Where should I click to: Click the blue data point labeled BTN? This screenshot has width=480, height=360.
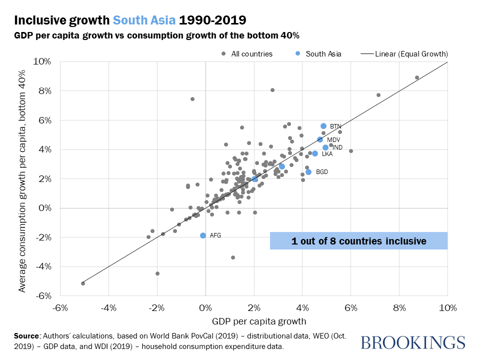tap(323, 126)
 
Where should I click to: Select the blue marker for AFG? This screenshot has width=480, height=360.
tap(203, 235)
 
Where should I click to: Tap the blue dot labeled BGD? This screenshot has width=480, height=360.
tap(308, 172)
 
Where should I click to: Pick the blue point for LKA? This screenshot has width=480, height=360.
tap(315, 153)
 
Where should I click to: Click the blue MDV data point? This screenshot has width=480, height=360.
tap(320, 139)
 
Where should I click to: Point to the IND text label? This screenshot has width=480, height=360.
tap(337, 147)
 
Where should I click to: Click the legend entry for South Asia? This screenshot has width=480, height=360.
tap(318, 53)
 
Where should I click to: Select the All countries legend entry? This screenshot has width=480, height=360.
tap(247, 53)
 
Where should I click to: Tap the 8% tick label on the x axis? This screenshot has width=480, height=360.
tap(399, 306)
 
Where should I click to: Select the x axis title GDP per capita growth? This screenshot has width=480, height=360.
tap(253, 320)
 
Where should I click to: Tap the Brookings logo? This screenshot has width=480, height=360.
tap(412, 342)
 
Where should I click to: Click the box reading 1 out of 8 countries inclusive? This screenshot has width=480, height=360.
tap(358, 241)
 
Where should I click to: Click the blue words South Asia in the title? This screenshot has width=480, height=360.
tap(144, 20)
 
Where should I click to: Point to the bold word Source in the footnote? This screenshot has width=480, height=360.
tap(27, 335)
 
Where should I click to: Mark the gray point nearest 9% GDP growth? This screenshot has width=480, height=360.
tap(417, 77)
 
